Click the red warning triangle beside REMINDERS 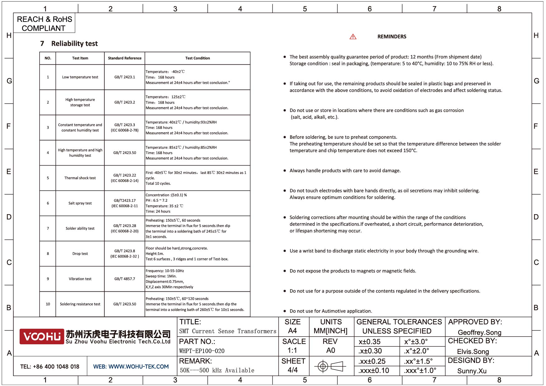click(x=353, y=37)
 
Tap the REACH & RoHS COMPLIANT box click(x=44, y=24)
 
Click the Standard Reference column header click(x=125, y=58)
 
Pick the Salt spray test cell click(x=80, y=203)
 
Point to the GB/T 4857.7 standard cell click(x=125, y=279)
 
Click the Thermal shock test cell click(x=80, y=178)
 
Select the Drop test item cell click(x=80, y=254)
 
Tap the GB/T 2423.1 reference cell click(x=125, y=77)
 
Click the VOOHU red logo click(x=42, y=337)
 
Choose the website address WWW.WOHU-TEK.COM click(x=138, y=367)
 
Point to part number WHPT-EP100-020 click(x=202, y=351)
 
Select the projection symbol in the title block click(x=330, y=366)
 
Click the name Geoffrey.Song click(x=479, y=332)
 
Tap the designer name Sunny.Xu click(x=472, y=371)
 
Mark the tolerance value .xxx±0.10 click(x=374, y=371)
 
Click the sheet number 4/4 click(x=293, y=370)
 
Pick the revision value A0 click(x=331, y=351)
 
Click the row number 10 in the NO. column click(x=48, y=304)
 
